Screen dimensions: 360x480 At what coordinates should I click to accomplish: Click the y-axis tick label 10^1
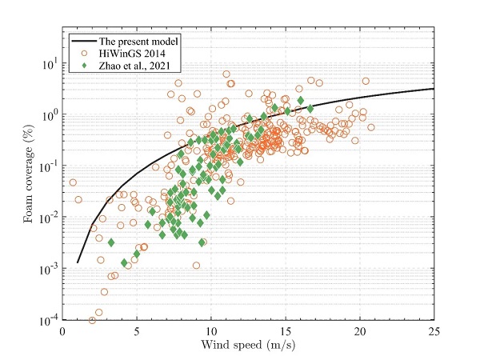(47, 63)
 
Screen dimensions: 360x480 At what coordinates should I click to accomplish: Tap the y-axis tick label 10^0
(47, 114)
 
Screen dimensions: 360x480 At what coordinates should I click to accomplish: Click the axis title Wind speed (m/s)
(248, 346)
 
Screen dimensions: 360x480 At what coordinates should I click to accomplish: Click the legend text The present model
(139, 38)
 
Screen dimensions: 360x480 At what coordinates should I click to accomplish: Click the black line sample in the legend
(82, 38)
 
